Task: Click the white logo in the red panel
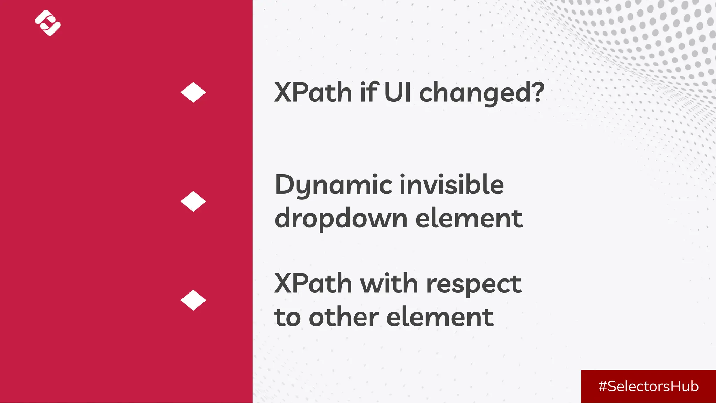pyautogui.click(x=48, y=23)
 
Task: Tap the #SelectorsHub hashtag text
pyautogui.click(x=648, y=386)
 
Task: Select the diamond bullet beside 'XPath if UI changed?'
pyautogui.click(x=193, y=92)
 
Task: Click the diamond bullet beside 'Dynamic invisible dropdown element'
pyautogui.click(x=193, y=201)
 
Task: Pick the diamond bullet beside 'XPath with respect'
pyautogui.click(x=193, y=300)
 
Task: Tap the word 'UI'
pyautogui.click(x=398, y=92)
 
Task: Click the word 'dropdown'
pyautogui.click(x=341, y=218)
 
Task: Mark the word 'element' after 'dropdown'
pyautogui.click(x=469, y=218)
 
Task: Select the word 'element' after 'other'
pyautogui.click(x=440, y=317)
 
